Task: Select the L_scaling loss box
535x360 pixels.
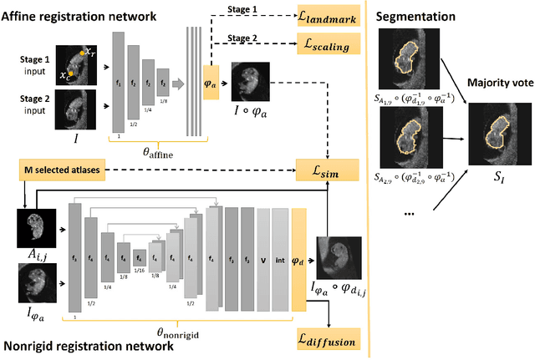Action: point(320,44)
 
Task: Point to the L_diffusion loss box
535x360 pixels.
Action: point(320,341)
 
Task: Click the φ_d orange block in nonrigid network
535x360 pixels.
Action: point(298,250)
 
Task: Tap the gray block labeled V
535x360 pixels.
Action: point(264,250)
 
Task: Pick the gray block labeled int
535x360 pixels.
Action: point(282,250)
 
